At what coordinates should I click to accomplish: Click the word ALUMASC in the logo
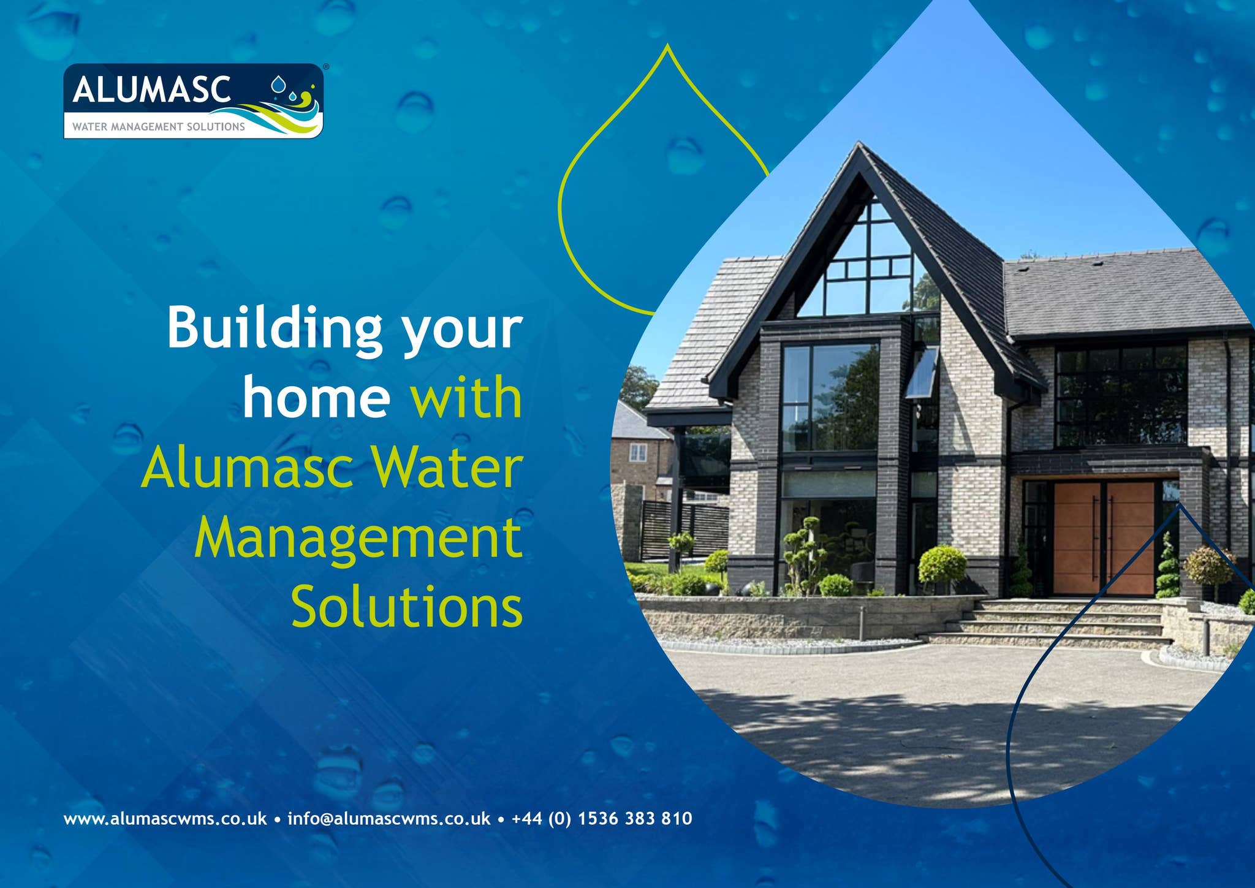pos(151,90)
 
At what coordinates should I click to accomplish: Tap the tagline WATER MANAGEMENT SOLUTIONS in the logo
pos(159,127)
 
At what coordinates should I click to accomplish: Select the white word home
pos(316,397)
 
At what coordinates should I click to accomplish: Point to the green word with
pos(466,397)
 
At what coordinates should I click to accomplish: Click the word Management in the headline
pos(358,537)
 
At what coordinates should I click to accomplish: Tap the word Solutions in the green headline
pos(407,607)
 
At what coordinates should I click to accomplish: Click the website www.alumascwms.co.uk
pos(165,819)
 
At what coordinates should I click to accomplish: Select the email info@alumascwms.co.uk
pos(389,819)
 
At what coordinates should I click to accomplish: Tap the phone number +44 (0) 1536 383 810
pos(602,819)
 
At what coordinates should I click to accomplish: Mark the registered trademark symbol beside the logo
pos(325,67)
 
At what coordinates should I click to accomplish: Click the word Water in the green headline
pos(447,468)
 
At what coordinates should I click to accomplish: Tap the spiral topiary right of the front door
pos(1168,567)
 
